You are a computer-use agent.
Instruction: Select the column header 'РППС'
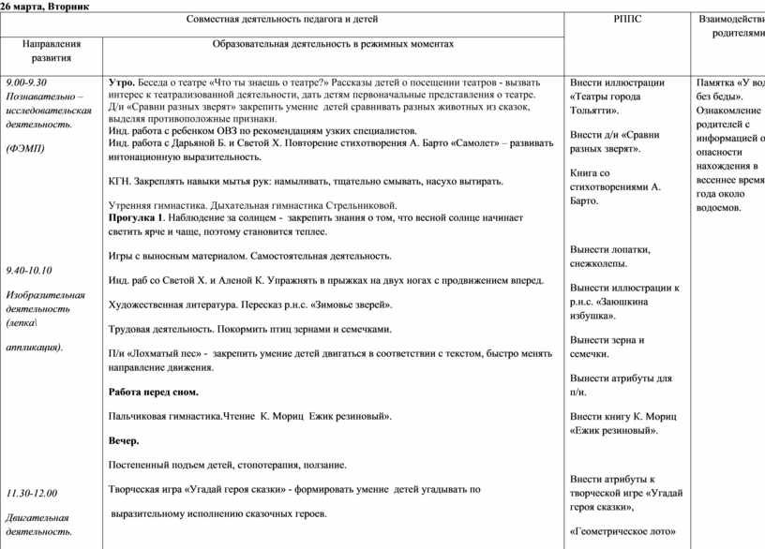[627, 20]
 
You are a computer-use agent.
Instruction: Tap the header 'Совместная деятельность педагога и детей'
[334, 20]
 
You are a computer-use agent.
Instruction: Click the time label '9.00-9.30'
[27, 82]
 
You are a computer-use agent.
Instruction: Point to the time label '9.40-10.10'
[29, 270]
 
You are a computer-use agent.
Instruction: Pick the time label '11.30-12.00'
[31, 493]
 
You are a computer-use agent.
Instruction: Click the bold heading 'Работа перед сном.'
[153, 392]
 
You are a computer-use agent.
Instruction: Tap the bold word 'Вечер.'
[124, 440]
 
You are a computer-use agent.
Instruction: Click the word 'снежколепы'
[601, 262]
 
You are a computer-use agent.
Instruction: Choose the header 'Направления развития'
[52, 51]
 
